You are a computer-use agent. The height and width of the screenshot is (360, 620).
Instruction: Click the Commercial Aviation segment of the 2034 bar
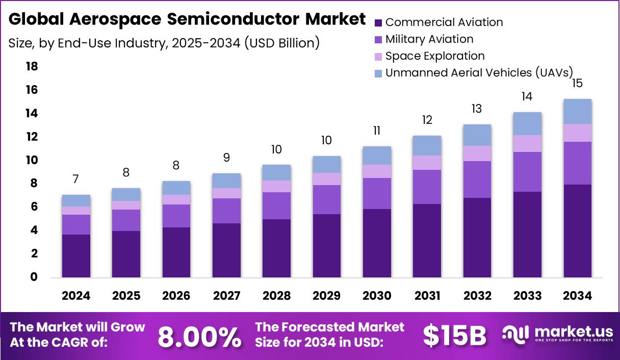(x=577, y=231)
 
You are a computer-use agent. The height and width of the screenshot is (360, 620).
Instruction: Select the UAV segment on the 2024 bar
(x=76, y=200)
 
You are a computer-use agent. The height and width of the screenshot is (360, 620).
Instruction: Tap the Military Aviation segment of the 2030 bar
(x=377, y=193)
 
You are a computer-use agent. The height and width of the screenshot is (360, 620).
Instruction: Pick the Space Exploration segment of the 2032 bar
(x=477, y=153)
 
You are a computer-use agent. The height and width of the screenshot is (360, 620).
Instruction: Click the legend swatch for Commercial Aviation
(x=378, y=22)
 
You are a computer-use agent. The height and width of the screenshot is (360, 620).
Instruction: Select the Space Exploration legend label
(x=435, y=56)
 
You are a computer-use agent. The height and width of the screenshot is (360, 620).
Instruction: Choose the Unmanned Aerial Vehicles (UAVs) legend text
(x=479, y=72)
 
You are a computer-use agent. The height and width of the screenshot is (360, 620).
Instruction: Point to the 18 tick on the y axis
(x=31, y=66)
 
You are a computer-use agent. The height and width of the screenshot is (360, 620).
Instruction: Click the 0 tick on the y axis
(x=34, y=277)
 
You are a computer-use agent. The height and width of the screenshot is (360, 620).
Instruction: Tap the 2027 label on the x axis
(x=226, y=296)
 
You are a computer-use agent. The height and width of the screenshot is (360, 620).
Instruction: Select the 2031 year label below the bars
(x=427, y=296)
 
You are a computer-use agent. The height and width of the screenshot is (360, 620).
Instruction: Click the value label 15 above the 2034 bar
(x=577, y=83)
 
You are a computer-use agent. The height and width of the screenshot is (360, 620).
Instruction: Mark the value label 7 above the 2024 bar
(x=76, y=179)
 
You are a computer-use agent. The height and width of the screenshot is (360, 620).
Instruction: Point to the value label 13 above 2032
(x=477, y=109)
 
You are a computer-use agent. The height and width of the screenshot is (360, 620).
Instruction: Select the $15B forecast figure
(x=454, y=336)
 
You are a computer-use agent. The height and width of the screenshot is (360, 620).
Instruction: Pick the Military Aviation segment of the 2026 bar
(x=176, y=216)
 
